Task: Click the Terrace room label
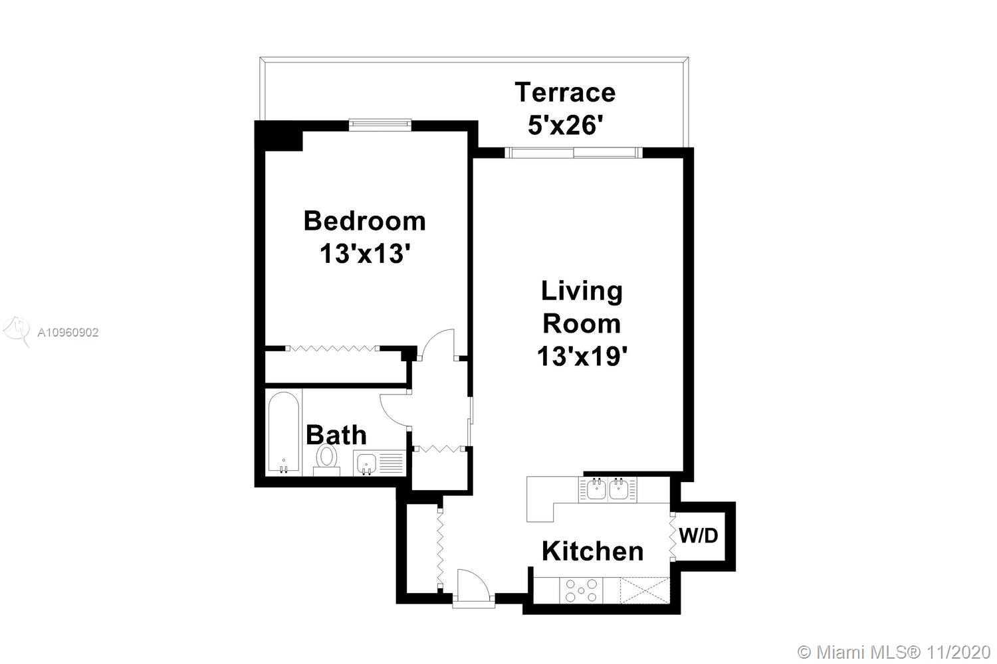tap(565, 92)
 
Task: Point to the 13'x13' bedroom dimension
tap(364, 254)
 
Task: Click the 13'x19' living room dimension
tap(582, 356)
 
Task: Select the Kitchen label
tap(593, 551)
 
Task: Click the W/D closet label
tap(699, 536)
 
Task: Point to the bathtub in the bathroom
tap(284, 432)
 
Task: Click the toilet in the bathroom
tap(327, 460)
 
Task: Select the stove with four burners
tap(581, 590)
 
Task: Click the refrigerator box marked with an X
tap(645, 590)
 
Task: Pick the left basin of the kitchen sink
tap(596, 489)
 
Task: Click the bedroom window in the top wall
tap(380, 125)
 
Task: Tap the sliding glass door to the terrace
tap(574, 153)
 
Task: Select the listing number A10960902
tap(68, 333)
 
